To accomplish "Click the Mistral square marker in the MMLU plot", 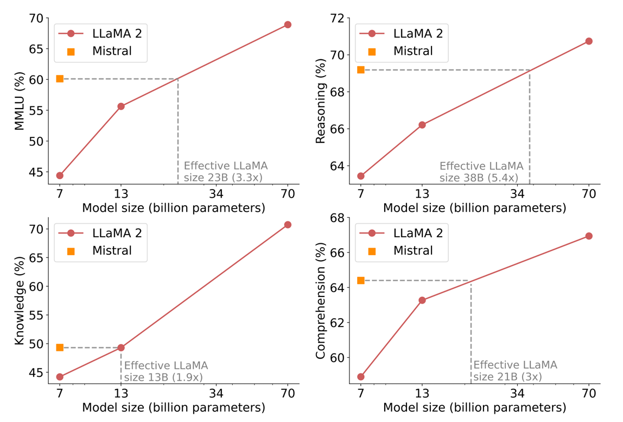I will (60, 79).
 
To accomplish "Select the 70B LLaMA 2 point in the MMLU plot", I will (288, 24).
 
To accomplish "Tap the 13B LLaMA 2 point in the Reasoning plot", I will (422, 125).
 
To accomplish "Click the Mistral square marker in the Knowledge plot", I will (60, 348).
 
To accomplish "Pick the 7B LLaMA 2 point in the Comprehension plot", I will (361, 376).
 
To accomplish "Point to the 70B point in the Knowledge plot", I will (288, 224).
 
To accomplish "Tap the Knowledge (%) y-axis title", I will (20, 304).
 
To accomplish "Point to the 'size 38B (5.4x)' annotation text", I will (479, 177).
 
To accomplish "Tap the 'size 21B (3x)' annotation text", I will (507, 377).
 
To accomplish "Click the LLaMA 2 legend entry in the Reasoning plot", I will (418, 34).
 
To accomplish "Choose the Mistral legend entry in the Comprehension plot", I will (413, 251).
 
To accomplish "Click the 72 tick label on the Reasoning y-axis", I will (342, 18).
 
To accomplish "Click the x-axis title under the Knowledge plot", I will (174, 407).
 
